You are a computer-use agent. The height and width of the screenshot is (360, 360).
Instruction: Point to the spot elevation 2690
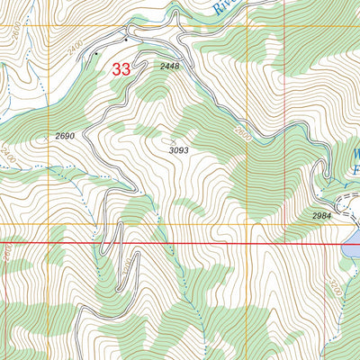coord(64,135)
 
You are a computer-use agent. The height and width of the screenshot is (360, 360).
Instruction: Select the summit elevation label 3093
coord(177,150)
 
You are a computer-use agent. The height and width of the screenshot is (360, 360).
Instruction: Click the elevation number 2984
coord(323,217)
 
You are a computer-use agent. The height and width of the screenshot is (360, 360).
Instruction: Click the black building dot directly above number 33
coord(126,40)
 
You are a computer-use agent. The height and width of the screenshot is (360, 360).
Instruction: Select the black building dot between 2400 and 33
coord(97,54)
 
